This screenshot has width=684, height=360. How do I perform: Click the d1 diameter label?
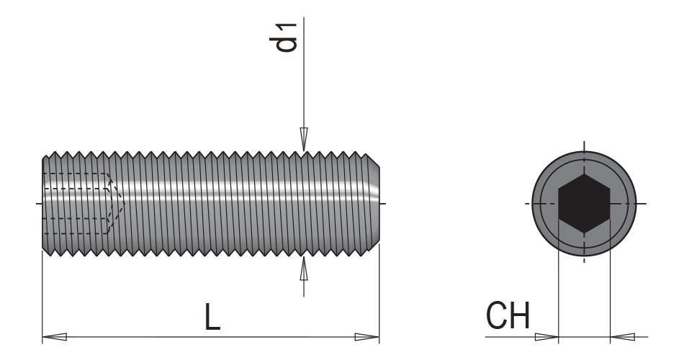pyautogui.click(x=289, y=37)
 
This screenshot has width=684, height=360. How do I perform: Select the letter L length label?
pyautogui.click(x=212, y=318)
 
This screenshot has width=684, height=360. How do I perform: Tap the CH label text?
pyautogui.click(x=508, y=318)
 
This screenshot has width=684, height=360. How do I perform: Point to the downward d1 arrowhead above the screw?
pyautogui.click(x=304, y=139)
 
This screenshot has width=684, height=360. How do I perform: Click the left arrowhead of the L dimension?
pyautogui.click(x=55, y=336)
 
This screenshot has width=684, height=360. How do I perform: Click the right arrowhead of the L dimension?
pyautogui.click(x=367, y=336)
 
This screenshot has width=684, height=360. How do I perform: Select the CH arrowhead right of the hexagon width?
pyautogui.click(x=621, y=336)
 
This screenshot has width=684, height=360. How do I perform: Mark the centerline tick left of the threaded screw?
pyautogui.click(x=37, y=204)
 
